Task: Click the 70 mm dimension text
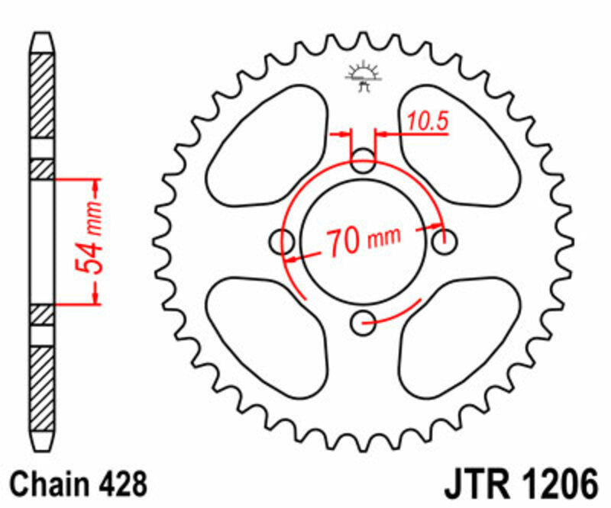coord(364,242)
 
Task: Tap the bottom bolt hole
coord(363,323)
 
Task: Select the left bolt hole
coord(283,243)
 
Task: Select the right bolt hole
coord(444,242)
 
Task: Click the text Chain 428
coord(76,484)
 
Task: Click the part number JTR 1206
coord(519,484)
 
